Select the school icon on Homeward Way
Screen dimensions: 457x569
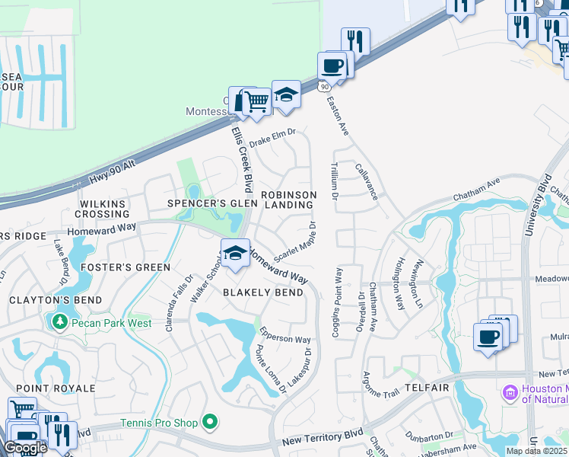(x=236, y=255)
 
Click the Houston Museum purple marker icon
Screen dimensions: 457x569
(x=510, y=393)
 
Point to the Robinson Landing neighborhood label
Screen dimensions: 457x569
(x=288, y=200)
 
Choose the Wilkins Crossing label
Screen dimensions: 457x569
(x=100, y=209)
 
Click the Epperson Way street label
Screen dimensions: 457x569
(x=285, y=335)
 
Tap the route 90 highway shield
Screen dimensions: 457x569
(x=325, y=87)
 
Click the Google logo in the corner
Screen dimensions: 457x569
(x=24, y=448)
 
